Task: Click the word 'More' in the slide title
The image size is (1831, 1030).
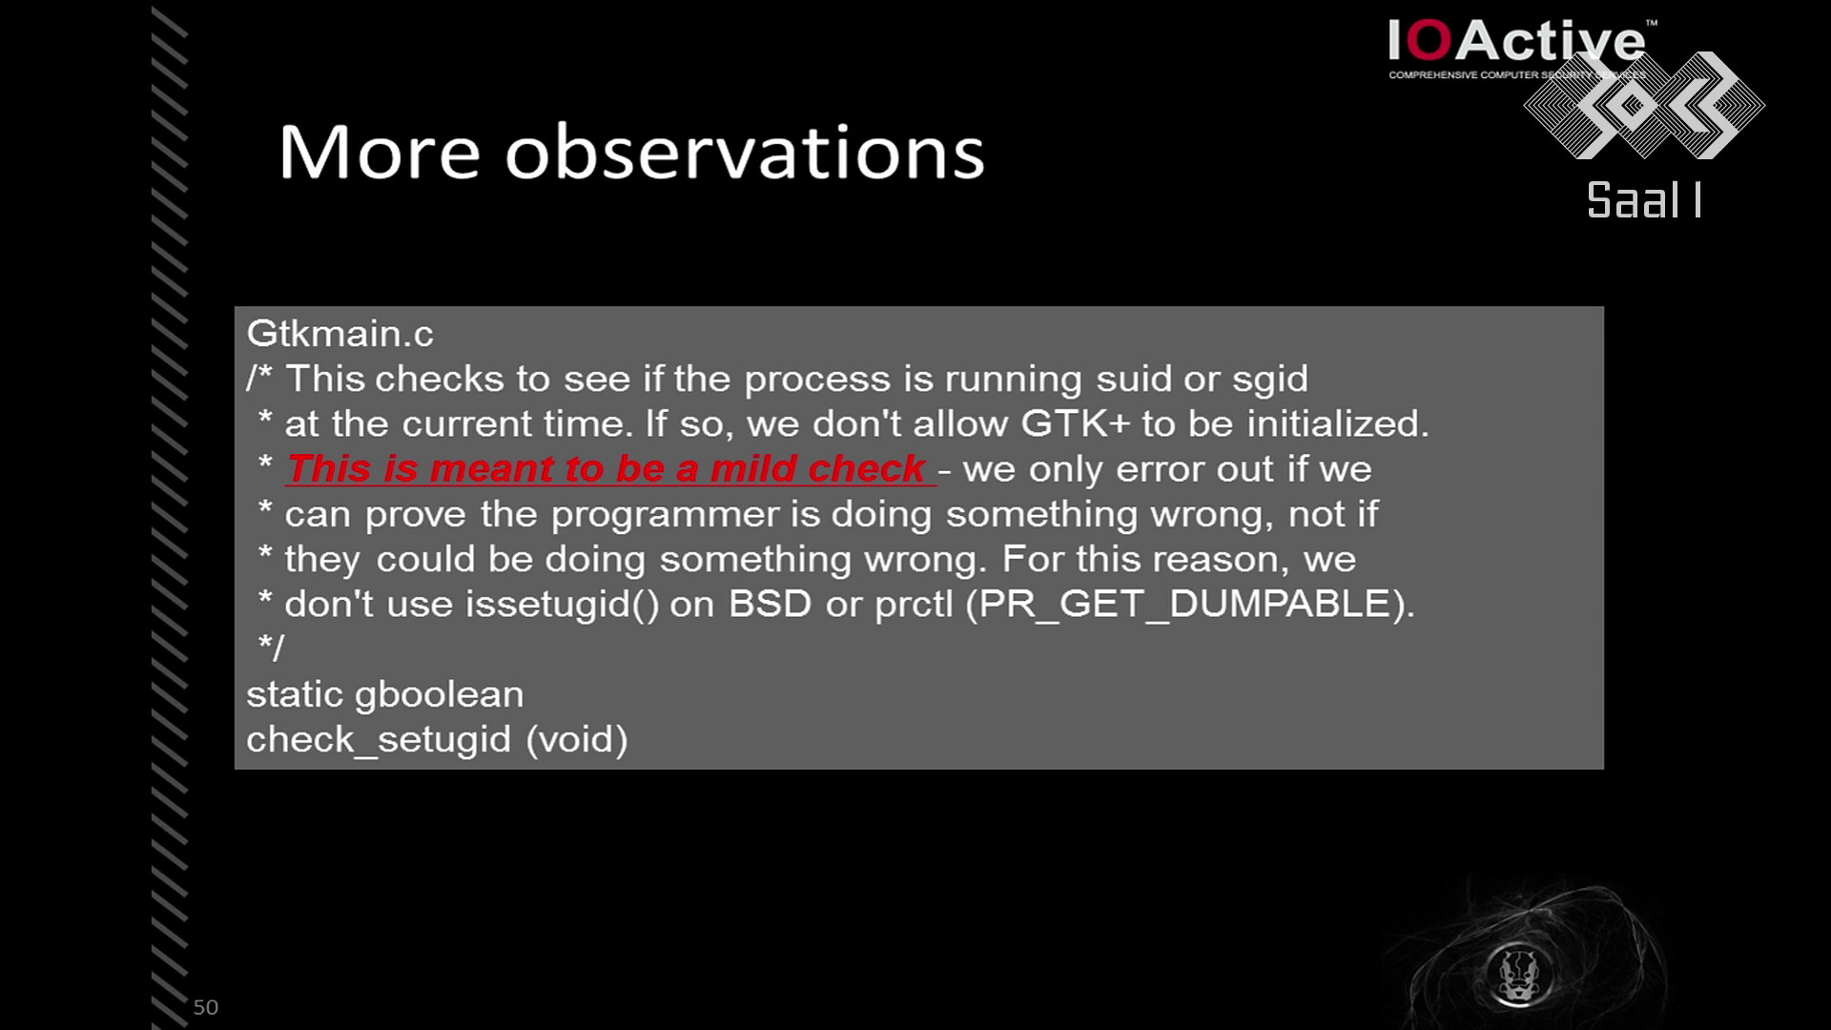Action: coord(380,153)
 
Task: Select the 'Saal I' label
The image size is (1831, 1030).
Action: coord(1644,200)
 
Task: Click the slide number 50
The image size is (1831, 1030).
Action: coord(206,1007)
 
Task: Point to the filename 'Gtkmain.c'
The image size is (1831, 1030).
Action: coord(340,334)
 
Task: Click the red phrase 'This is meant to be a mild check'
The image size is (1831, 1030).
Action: coord(607,469)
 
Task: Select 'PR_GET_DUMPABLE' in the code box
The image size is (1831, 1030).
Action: coord(1185,605)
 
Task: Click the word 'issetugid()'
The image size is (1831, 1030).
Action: coord(563,605)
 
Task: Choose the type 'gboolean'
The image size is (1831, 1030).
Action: coord(439,695)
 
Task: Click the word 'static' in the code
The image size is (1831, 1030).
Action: coord(294,694)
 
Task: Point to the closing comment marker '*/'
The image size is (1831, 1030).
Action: coord(271,648)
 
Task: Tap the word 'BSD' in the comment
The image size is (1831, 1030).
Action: coord(770,604)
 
